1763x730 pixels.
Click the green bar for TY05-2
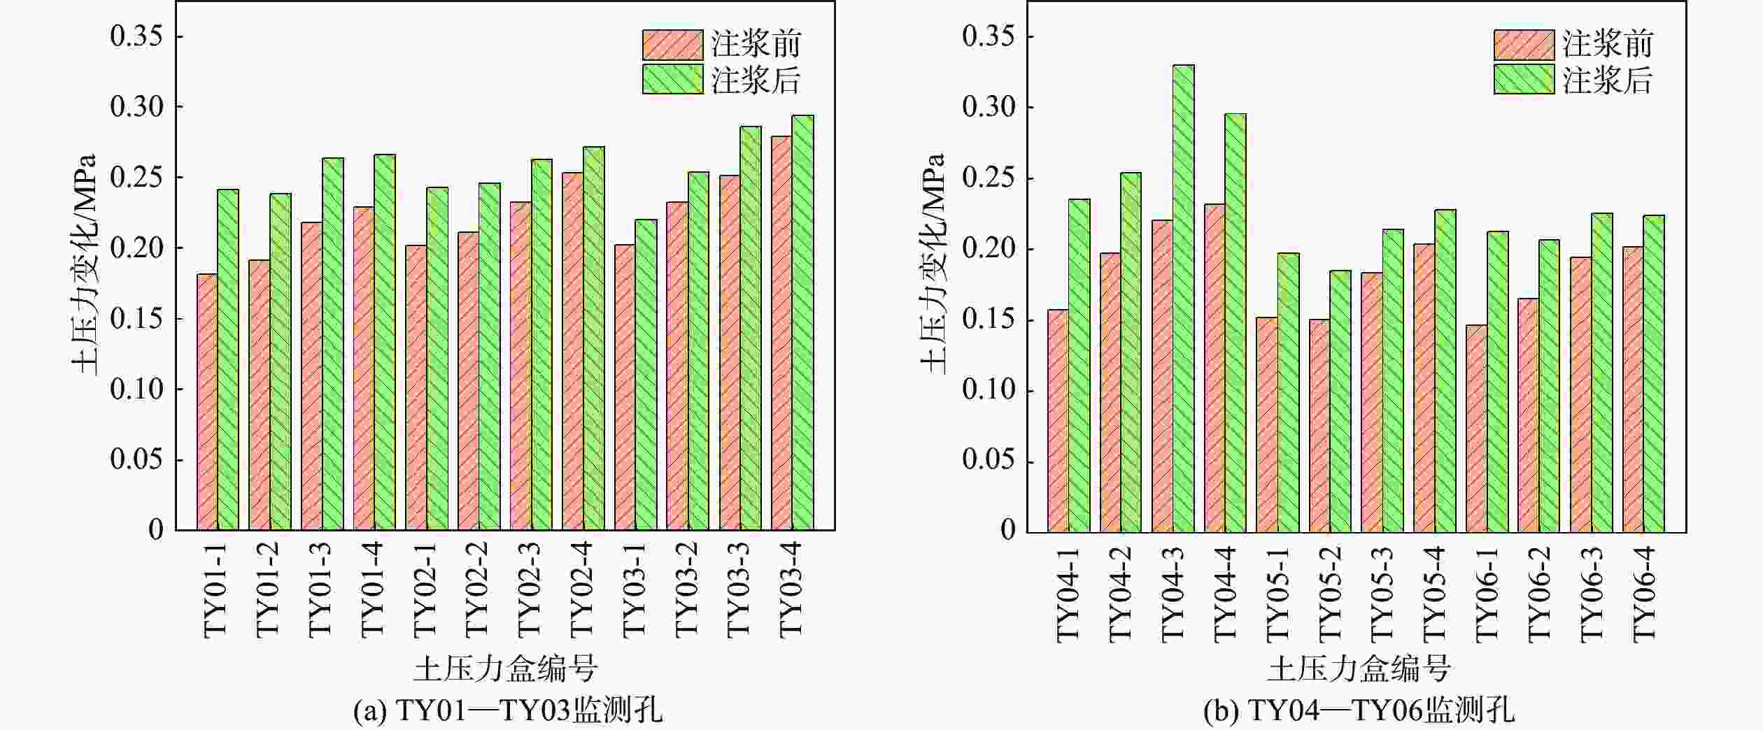1340,401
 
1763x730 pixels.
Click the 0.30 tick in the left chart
136,107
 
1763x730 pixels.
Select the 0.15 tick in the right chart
988,320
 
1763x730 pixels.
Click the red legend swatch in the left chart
672,45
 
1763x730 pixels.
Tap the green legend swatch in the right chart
1524,79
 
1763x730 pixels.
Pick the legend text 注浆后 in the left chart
756,80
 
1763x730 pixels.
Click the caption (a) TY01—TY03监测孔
508,712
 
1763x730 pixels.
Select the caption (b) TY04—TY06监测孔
1359,712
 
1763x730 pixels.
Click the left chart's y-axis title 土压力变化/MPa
84,264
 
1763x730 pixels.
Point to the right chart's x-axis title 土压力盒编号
1359,668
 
